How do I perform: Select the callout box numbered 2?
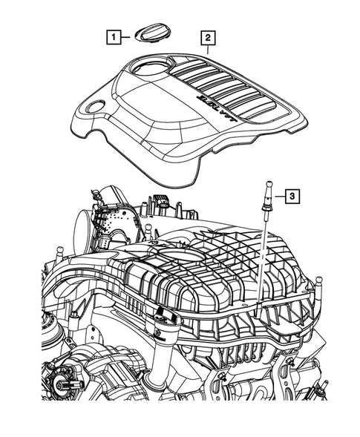[x=207, y=36]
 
